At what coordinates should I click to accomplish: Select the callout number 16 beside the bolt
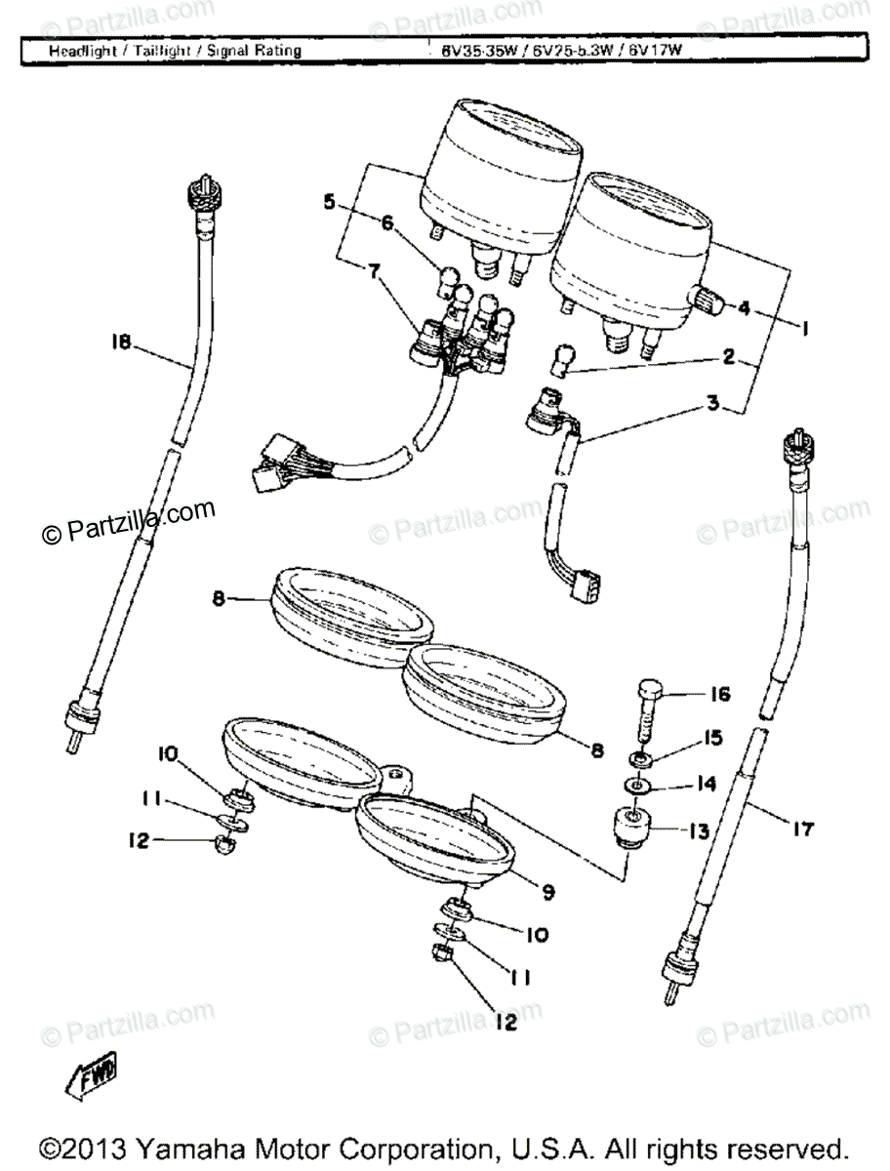(719, 695)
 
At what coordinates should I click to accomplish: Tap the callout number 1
(804, 330)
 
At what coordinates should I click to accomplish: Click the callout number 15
(715, 740)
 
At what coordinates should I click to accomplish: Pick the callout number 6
(387, 223)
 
